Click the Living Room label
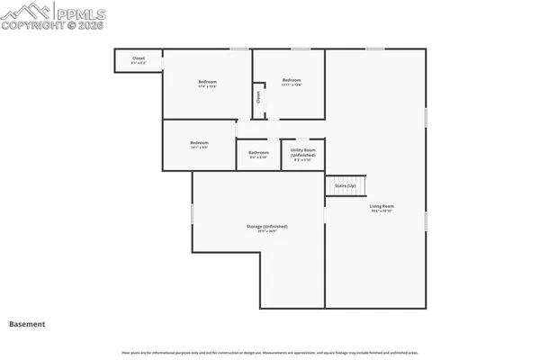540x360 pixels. [x=382, y=206]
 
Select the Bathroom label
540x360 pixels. [x=258, y=152]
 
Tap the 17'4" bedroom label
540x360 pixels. [x=207, y=83]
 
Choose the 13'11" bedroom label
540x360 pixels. [x=291, y=80]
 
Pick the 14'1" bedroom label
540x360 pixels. [x=199, y=142]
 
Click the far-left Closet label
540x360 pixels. [x=139, y=58]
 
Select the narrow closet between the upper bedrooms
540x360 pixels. [x=258, y=98]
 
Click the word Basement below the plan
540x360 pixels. [x=27, y=323]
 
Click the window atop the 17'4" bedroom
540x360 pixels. [x=238, y=49]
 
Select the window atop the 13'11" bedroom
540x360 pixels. [x=300, y=49]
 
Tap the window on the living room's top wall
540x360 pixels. [x=374, y=49]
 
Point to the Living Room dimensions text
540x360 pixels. [x=382, y=211]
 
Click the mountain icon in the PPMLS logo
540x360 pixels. [x=23, y=12]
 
